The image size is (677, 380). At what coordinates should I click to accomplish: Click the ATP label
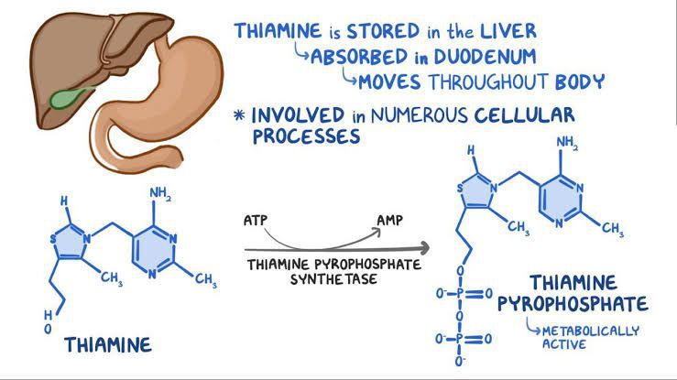257,223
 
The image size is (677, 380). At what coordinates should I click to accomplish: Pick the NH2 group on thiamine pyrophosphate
568,143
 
